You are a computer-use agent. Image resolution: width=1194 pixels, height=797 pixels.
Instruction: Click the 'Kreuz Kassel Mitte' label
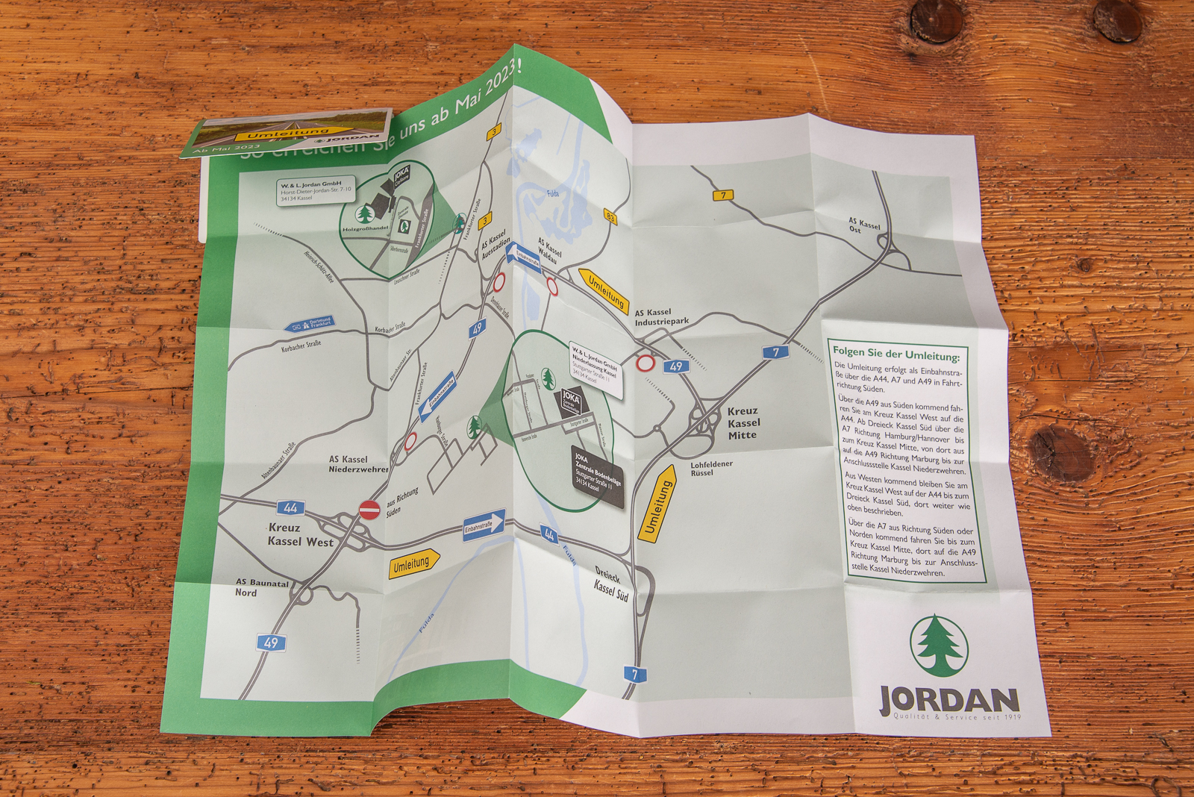point(743,422)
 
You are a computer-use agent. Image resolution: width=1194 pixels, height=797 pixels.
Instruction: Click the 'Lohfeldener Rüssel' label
point(710,468)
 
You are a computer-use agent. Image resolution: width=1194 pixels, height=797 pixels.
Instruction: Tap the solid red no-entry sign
point(369,510)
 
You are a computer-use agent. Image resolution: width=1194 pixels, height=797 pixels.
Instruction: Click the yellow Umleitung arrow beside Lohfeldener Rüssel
point(657,504)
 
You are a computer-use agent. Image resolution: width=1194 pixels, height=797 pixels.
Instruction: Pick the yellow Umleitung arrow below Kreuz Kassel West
point(413,563)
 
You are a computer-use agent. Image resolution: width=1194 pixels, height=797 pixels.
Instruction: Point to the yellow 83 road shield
point(610,217)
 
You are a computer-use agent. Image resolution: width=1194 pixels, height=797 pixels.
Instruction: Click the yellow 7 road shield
point(722,196)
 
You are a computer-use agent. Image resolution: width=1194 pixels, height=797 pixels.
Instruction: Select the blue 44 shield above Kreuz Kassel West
point(290,508)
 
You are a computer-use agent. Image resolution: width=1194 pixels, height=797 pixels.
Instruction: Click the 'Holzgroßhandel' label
point(366,229)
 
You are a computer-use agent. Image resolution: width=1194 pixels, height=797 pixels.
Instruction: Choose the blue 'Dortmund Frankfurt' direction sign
point(310,325)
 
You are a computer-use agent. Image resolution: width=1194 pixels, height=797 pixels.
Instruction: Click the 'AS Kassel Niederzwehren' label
point(358,464)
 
